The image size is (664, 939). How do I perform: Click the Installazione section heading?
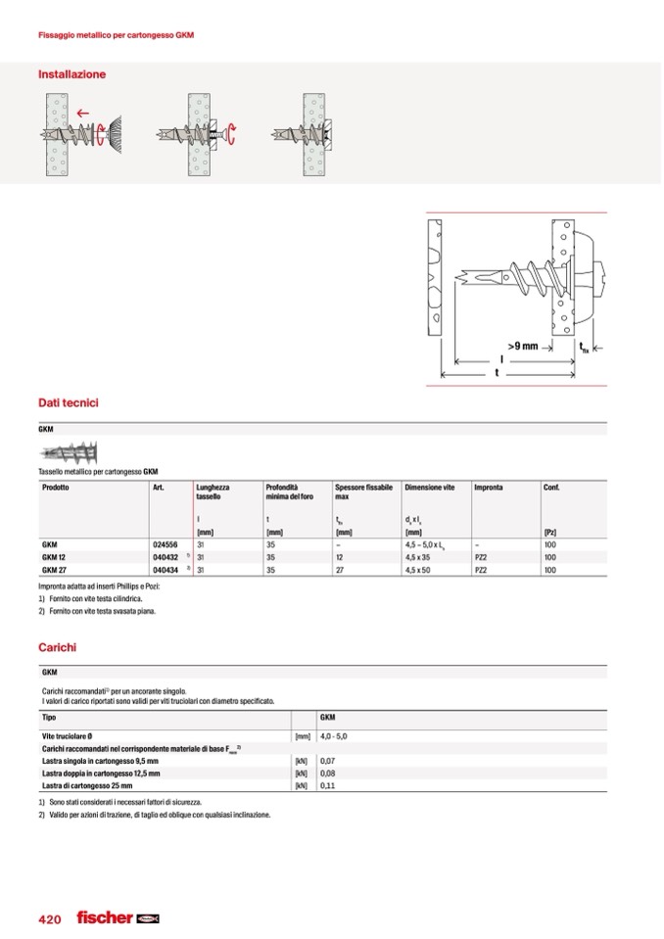(x=71, y=74)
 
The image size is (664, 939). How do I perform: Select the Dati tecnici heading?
(x=68, y=402)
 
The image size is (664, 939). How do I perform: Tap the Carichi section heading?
(x=57, y=647)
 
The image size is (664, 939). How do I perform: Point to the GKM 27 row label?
(x=55, y=569)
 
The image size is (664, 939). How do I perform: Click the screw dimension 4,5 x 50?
(x=418, y=569)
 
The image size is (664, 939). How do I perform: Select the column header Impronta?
(x=489, y=487)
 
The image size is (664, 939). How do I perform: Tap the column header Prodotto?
(x=56, y=487)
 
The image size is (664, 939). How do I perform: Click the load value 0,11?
(x=328, y=785)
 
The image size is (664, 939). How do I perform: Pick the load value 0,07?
(x=328, y=760)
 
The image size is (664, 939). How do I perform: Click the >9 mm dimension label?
(x=524, y=346)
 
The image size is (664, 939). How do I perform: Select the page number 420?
(x=50, y=919)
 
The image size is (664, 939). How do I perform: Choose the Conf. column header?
(x=551, y=487)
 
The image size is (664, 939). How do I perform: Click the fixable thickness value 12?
(x=339, y=556)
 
